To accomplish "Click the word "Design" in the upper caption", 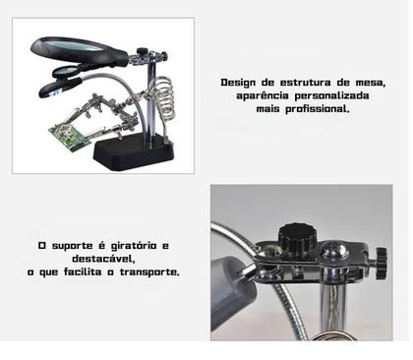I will tap(238, 83).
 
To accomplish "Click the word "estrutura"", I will tap(301, 83).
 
